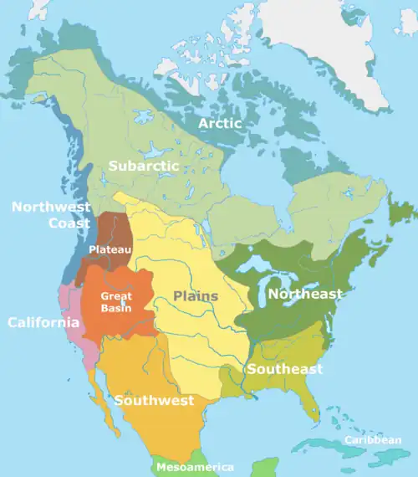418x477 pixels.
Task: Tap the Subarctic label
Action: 143,166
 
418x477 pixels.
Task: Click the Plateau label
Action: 107,249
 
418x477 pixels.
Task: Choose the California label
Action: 38,322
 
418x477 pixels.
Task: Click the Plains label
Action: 196,295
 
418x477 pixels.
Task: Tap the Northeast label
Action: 305,294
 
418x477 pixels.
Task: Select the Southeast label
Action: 283,369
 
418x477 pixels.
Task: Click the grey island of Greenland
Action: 334,42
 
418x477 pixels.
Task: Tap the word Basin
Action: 115,307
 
